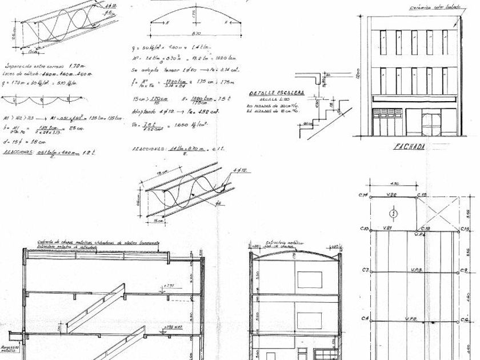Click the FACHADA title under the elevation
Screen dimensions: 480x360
pos(410,147)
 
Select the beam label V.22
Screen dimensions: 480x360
pos(393,195)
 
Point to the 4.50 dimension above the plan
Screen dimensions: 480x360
pos(394,184)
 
